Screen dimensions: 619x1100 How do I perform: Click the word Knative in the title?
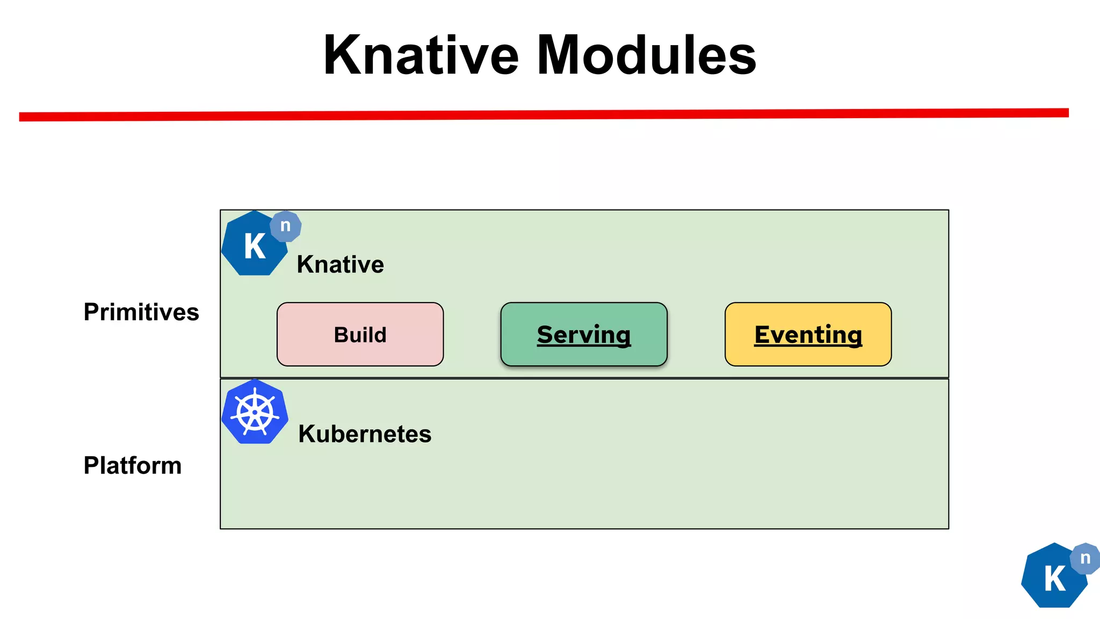point(421,55)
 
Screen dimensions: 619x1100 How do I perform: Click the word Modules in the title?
point(647,55)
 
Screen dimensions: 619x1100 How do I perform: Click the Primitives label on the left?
point(141,312)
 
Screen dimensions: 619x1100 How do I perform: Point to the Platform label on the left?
point(133,465)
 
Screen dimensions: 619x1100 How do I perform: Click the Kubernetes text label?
point(365,434)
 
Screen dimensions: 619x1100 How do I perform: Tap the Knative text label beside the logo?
point(340,264)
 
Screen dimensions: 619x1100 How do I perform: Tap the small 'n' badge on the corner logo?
point(1085,558)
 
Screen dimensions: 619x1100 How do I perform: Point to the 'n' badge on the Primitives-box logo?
point(286,226)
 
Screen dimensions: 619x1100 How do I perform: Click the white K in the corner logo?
point(1054,579)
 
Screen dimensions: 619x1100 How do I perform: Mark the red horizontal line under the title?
point(544,114)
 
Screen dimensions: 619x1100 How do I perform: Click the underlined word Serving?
point(584,335)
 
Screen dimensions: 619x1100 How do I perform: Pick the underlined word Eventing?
point(808,335)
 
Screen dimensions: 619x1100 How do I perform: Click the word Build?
point(360,335)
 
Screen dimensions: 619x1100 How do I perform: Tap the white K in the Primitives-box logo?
point(255,247)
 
